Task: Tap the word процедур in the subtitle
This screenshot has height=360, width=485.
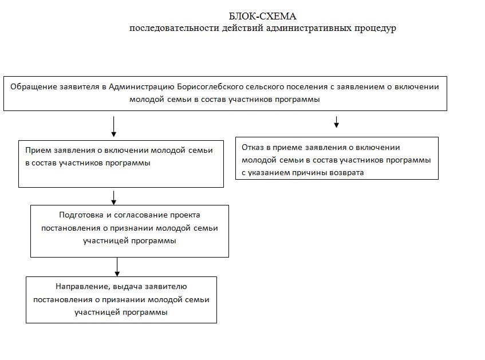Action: [376, 28]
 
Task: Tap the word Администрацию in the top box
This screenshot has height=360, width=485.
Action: [143, 88]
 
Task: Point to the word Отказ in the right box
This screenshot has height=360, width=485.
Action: [253, 147]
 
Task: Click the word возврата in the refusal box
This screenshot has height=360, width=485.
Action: [346, 172]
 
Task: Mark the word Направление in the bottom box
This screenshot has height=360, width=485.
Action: [80, 287]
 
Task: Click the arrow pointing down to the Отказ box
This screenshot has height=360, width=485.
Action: [336, 122]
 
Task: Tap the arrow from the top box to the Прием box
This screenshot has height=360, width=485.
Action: [114, 127]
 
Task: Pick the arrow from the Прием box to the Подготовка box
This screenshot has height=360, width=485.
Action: [114, 197]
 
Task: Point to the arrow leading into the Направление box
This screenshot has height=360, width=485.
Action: [117, 267]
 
